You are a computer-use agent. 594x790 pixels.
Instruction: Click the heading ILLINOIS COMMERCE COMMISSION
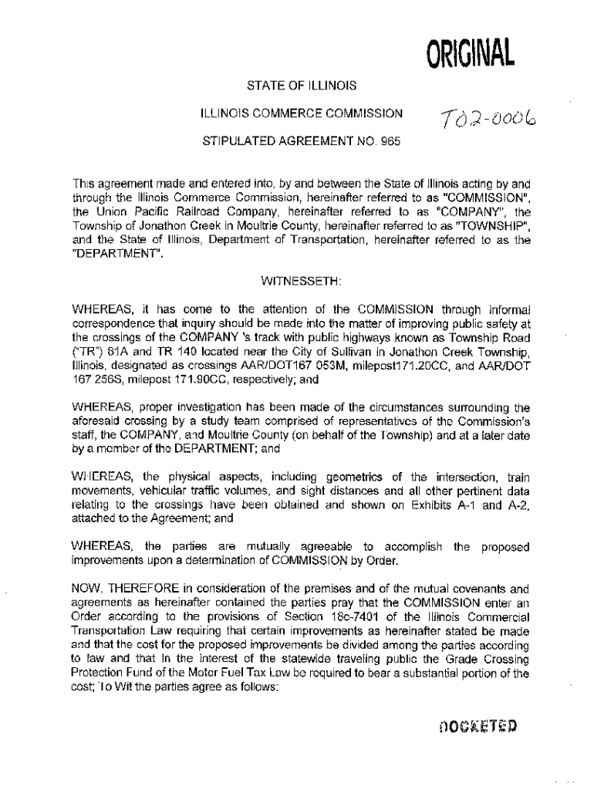click(x=301, y=113)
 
